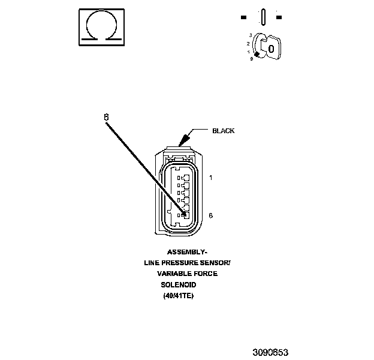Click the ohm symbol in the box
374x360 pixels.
coord(101,26)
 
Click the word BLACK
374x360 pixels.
coord(224,131)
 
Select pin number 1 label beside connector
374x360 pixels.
coord(211,178)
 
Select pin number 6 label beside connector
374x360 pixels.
coord(211,215)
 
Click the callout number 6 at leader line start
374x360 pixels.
coord(106,118)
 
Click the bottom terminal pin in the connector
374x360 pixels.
coord(185,215)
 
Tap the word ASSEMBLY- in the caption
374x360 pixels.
coord(187,252)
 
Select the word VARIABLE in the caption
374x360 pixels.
coord(171,274)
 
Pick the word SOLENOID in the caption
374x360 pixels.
coord(178,284)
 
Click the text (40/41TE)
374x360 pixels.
coord(179,296)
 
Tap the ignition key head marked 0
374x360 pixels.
coord(272,48)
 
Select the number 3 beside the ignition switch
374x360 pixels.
coord(250,35)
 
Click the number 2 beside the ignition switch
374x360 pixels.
coord(248,44)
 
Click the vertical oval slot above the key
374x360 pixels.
coord(263,16)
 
